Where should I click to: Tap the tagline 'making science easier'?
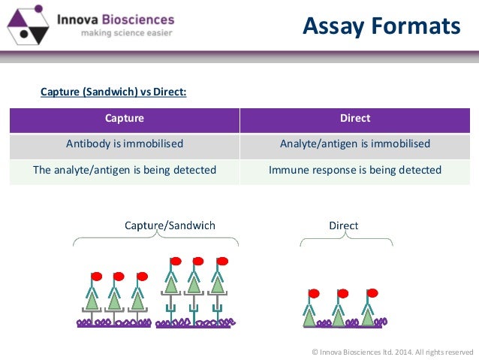116,34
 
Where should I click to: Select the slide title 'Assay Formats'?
381,26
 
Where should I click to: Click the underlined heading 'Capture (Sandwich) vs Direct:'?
113,92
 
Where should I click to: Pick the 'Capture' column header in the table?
125,119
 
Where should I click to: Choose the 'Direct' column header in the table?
355,119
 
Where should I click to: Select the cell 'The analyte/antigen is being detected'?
125,170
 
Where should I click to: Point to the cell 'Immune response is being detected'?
355,170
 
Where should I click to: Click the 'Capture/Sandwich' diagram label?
170,225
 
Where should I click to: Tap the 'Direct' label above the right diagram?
344,225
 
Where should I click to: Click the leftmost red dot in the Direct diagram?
314,293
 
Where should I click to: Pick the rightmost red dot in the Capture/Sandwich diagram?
222,262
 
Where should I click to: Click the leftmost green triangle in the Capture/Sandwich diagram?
92,300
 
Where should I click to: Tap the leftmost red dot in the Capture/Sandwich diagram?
96,277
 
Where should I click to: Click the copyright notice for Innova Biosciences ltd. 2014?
392,351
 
